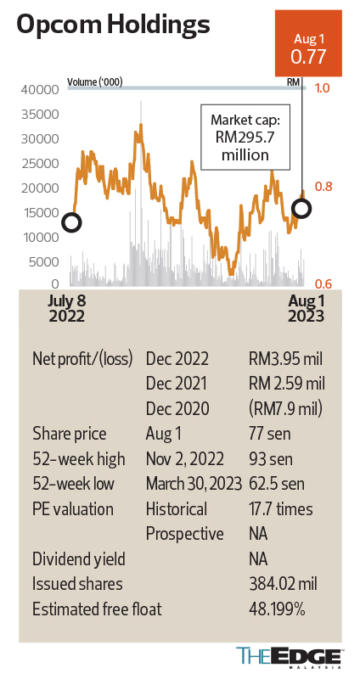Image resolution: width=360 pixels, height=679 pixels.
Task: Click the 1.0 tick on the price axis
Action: pos(323,88)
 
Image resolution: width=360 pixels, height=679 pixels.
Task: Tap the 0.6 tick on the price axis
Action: pos(323,285)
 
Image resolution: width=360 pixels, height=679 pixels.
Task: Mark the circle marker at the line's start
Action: pos(72,223)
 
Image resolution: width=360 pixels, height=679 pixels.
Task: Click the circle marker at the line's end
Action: pos(301,207)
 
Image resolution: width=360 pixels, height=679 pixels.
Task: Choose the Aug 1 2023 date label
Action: pos(303,308)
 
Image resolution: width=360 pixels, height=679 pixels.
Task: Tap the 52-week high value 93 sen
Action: pos(267,459)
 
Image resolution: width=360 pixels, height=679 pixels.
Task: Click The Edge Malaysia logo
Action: pos(290,658)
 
